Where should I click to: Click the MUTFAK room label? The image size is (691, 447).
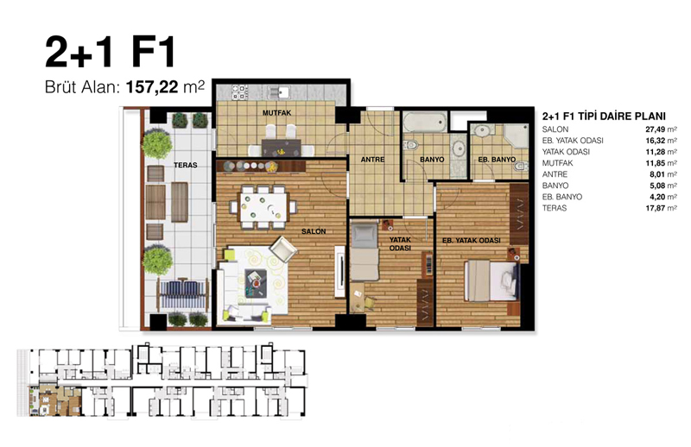(x=276, y=113)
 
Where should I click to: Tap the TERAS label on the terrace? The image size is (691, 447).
(x=185, y=165)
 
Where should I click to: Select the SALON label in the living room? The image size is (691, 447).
(x=314, y=231)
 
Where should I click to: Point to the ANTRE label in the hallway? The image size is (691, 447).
(x=373, y=160)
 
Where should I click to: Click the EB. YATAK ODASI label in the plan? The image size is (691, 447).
(x=472, y=241)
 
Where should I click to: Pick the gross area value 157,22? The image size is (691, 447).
(x=152, y=87)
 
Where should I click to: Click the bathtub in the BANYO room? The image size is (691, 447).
(x=425, y=122)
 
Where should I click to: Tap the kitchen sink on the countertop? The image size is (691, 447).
(x=278, y=92)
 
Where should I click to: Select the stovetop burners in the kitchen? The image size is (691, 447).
(x=239, y=92)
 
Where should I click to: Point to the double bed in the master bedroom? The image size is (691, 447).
(x=491, y=280)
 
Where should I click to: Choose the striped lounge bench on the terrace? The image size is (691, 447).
(x=183, y=293)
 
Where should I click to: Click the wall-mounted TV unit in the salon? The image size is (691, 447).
(x=339, y=271)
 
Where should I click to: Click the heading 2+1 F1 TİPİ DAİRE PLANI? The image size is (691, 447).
(x=604, y=116)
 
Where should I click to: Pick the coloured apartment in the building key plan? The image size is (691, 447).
(x=55, y=400)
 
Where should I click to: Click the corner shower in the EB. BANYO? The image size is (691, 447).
(x=516, y=136)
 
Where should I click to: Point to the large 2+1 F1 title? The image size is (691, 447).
(x=111, y=52)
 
